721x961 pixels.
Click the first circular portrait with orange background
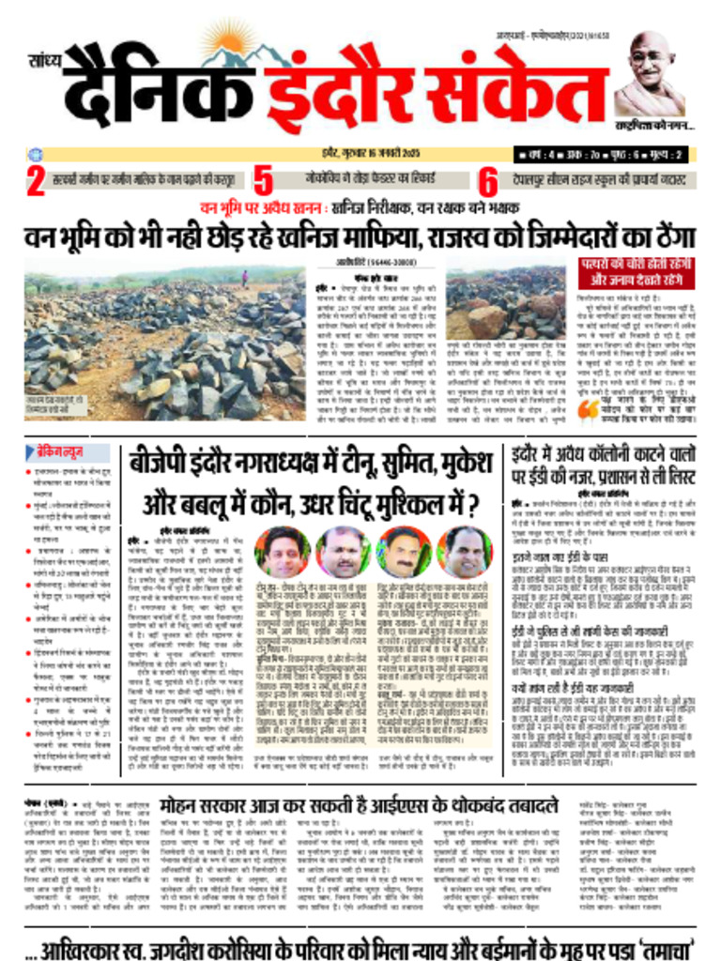click(x=283, y=552)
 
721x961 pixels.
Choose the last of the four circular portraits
click(x=464, y=552)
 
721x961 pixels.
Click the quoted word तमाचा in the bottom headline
click(x=653, y=941)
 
